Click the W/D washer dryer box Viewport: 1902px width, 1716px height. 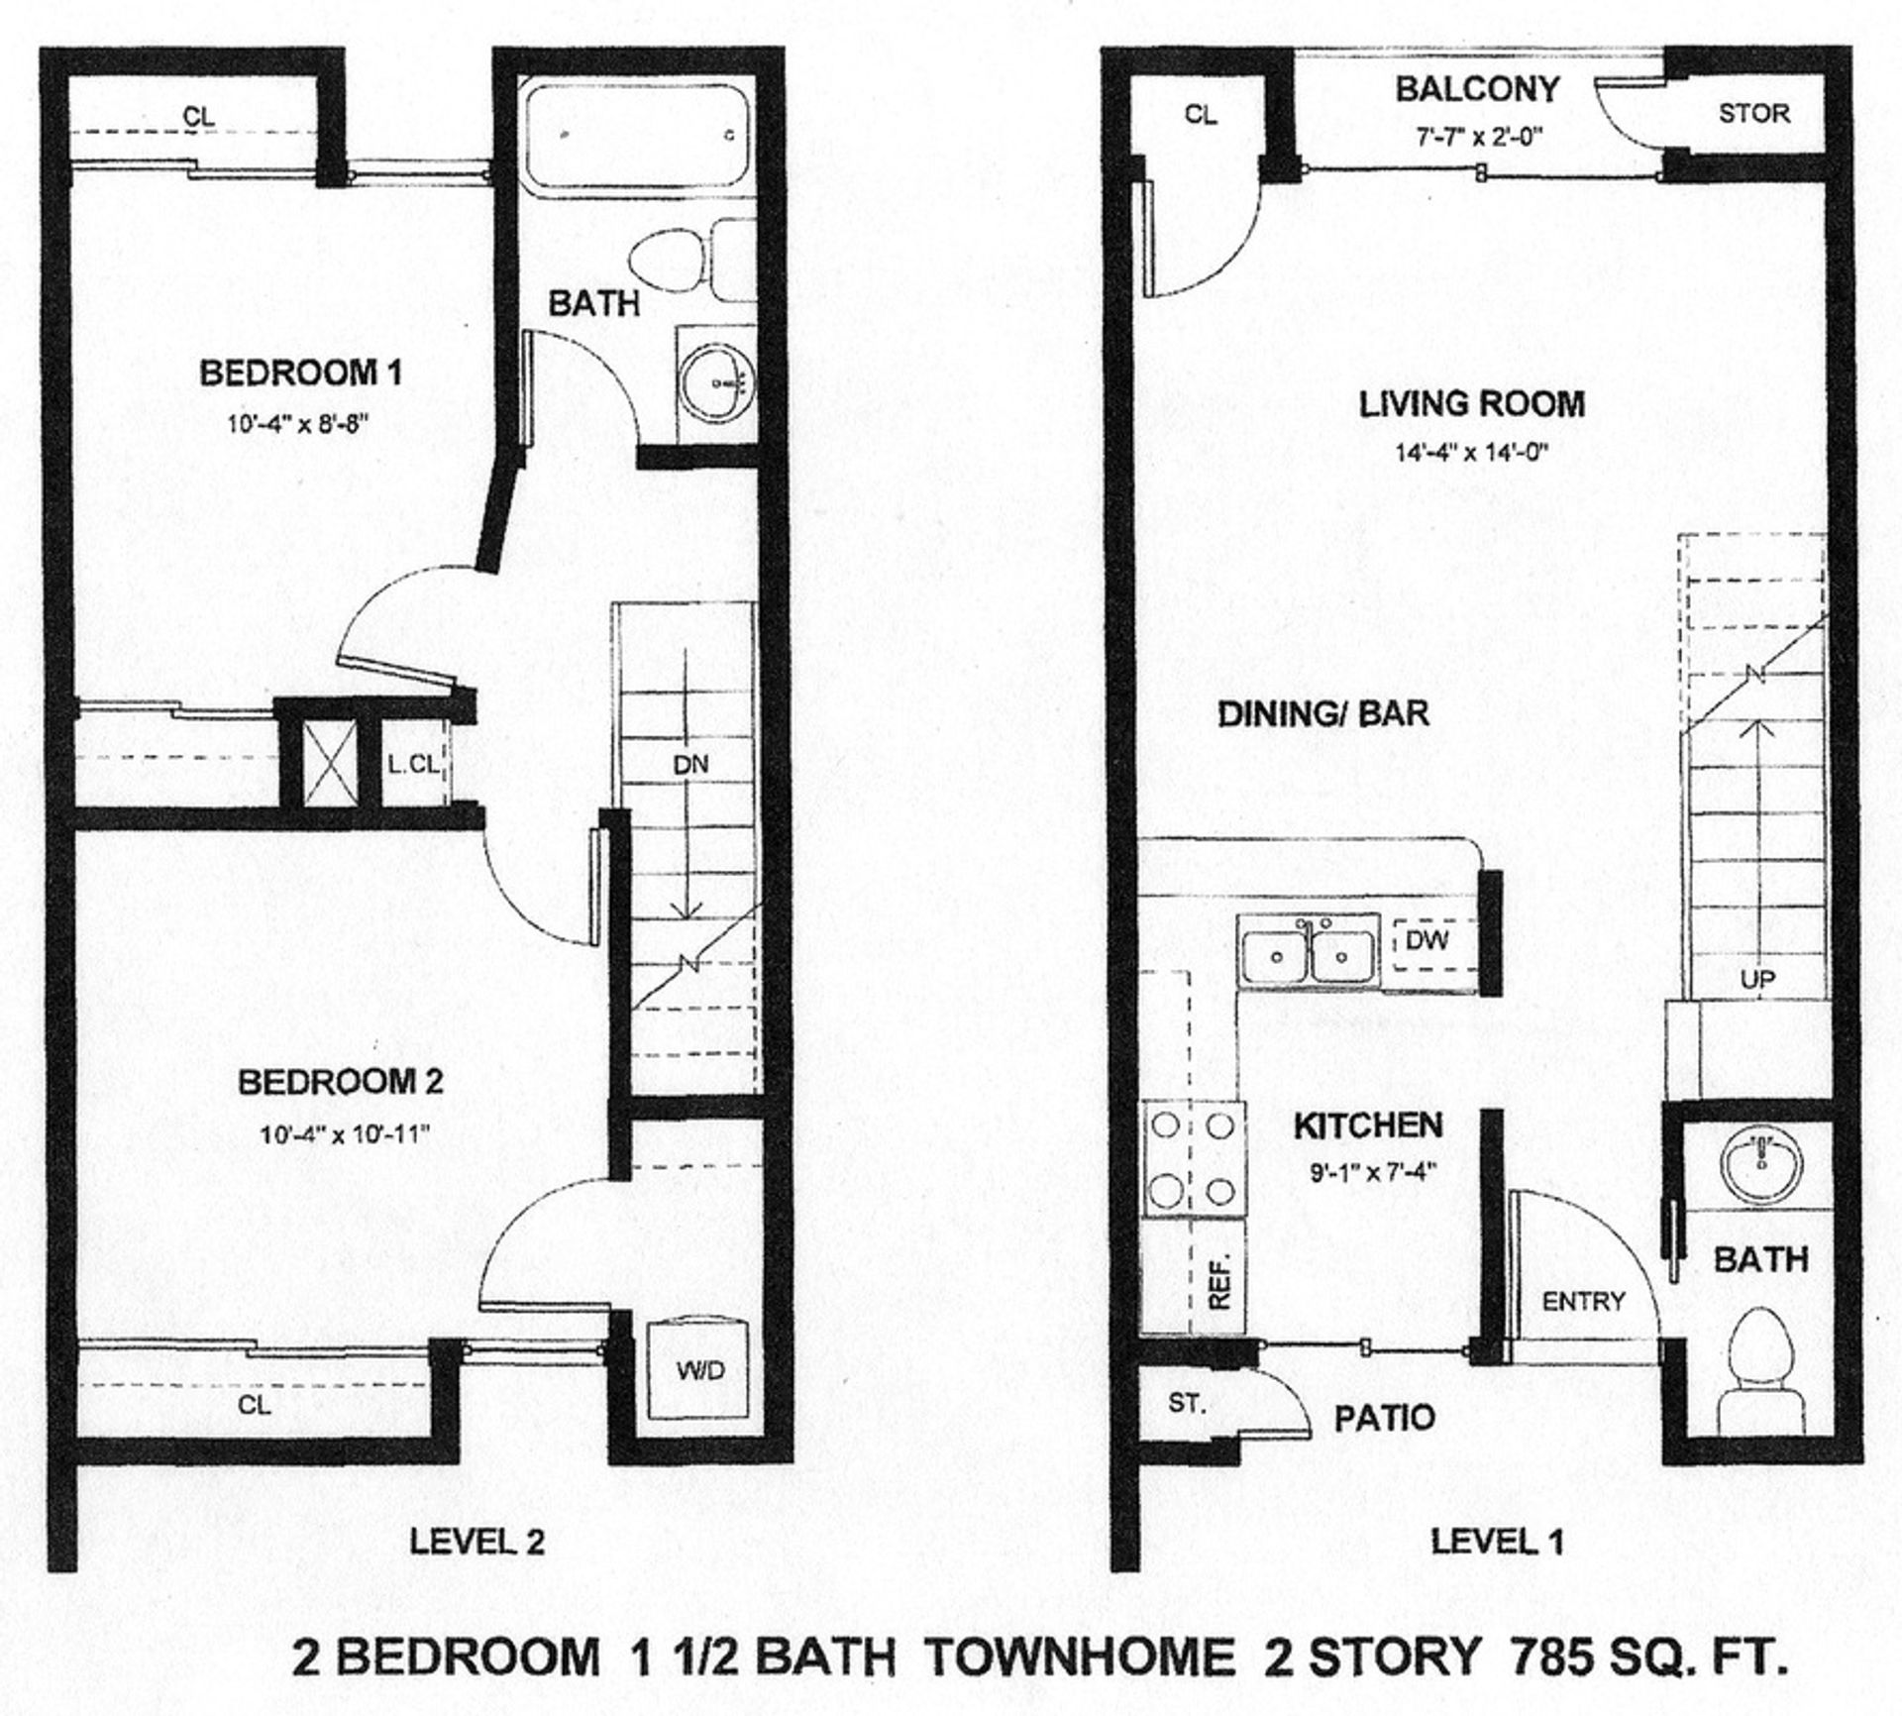[700, 1371]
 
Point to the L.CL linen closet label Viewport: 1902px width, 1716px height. [412, 764]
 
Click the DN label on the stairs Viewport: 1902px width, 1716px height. [690, 764]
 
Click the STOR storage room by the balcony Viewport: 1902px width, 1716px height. [1754, 114]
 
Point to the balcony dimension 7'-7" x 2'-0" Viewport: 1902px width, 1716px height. [1478, 138]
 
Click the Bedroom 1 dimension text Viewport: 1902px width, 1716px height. [299, 425]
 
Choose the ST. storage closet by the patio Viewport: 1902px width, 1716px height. [1186, 1404]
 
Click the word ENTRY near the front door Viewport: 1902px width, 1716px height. [1583, 1302]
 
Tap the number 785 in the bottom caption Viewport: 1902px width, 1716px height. [1548, 1658]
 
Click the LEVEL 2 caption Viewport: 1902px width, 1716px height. [477, 1542]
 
